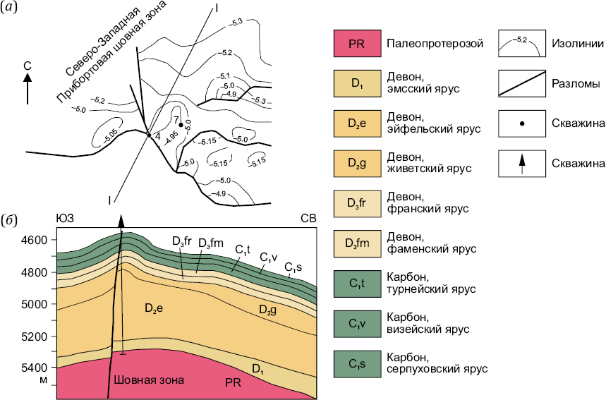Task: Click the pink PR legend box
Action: click(357, 43)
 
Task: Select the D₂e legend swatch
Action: click(357, 123)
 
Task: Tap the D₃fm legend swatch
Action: click(357, 243)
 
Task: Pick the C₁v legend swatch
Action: click(357, 324)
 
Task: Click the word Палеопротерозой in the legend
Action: click(435, 44)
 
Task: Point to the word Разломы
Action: click(576, 84)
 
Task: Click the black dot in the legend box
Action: click(522, 123)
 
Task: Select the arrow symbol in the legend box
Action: click(522, 164)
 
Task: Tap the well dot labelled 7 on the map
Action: click(181, 124)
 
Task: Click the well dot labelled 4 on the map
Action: click(149, 135)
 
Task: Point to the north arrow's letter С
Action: click(28, 66)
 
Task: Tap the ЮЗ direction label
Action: click(65, 219)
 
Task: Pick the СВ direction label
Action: click(308, 219)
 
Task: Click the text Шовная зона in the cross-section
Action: click(149, 380)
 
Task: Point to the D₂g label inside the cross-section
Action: click(268, 309)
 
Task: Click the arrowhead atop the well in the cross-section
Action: click(121, 222)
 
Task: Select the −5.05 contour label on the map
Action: click(111, 135)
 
